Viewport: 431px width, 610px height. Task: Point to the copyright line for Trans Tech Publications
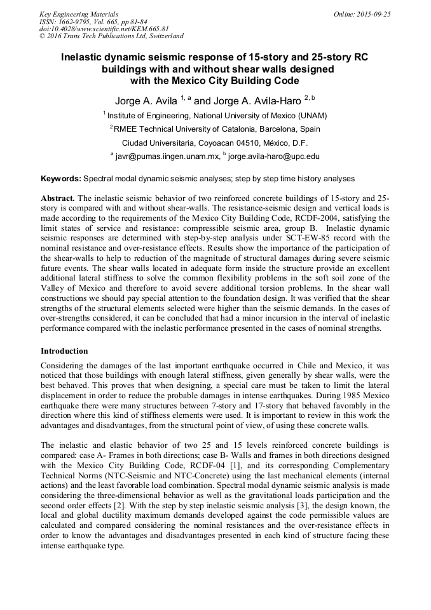click(111, 37)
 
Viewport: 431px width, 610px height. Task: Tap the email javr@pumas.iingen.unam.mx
click(167, 156)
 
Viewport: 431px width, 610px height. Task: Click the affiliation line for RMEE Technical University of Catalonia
click(217, 128)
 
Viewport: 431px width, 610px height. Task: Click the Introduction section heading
click(64, 351)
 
